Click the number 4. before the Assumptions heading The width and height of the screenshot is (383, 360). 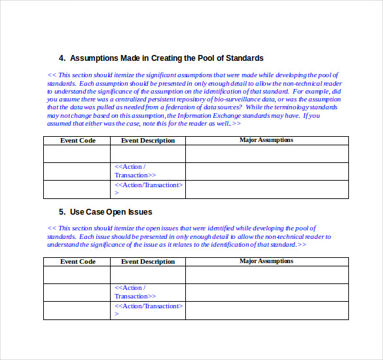62,58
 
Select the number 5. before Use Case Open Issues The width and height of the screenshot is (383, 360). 62,211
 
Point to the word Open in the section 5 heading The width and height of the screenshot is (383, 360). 120,211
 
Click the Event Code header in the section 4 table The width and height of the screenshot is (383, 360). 78,141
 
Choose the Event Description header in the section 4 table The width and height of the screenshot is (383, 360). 148,141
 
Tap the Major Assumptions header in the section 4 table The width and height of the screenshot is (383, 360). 266,140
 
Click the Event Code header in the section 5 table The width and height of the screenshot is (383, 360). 78,262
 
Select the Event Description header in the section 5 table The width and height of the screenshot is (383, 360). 148,262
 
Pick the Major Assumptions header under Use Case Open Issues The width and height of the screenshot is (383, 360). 266,261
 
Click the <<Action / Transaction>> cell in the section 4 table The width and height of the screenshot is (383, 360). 136,171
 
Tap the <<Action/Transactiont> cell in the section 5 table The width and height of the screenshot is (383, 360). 148,310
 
